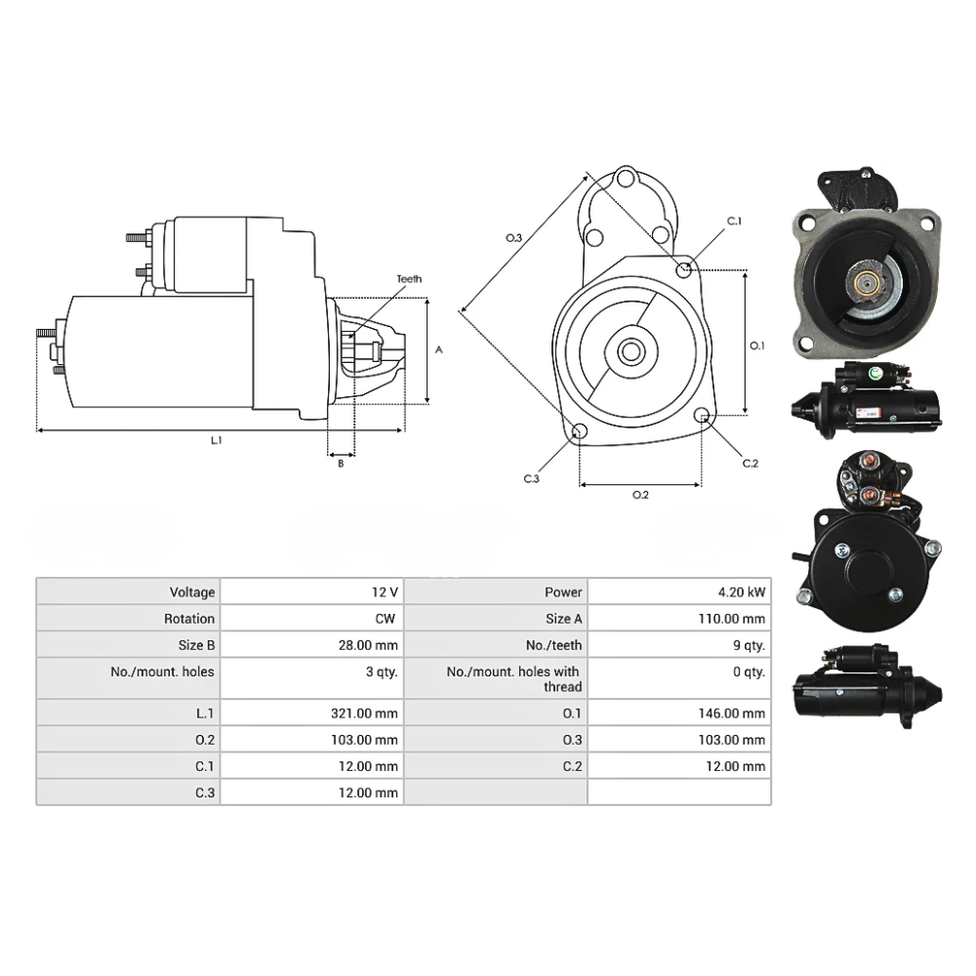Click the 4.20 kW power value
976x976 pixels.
point(742,592)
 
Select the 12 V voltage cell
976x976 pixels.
point(385,592)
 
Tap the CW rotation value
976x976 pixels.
point(386,619)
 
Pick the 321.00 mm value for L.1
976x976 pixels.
point(364,713)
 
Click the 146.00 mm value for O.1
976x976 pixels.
point(732,713)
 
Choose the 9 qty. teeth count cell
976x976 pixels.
point(749,645)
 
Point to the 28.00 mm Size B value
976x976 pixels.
point(368,645)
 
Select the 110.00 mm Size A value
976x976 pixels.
point(732,619)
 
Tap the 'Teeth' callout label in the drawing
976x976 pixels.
point(409,279)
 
